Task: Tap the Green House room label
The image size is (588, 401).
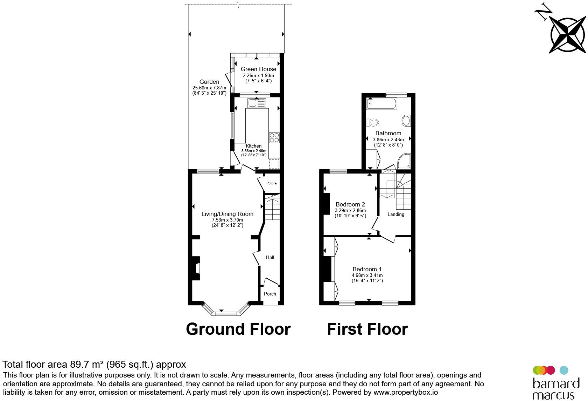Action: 258,69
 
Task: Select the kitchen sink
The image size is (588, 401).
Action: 257,103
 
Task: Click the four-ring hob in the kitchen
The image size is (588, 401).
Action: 274,137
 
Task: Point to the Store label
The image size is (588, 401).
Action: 272,183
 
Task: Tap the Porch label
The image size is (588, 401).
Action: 270,294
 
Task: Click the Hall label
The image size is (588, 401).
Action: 270,257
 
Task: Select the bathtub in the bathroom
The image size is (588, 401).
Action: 382,104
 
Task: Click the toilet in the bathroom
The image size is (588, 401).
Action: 372,122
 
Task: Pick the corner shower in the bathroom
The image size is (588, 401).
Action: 404,161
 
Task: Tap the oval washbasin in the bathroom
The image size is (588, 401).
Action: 406,121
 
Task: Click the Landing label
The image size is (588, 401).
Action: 396,214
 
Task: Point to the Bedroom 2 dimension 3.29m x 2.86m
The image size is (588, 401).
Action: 350,210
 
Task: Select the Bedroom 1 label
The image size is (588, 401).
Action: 367,269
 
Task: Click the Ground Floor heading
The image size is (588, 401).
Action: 238,329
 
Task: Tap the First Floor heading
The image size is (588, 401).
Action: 367,329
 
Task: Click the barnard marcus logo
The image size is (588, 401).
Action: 556,383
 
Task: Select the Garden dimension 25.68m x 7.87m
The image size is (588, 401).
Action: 209,88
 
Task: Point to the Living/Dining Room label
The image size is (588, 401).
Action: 227,214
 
